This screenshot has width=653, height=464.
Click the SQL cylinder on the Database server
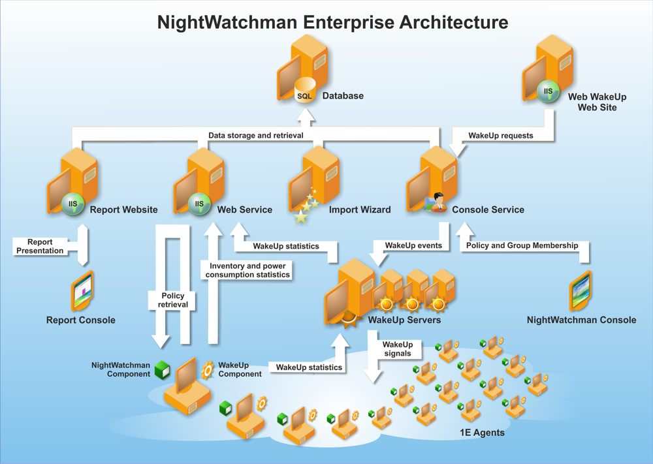pos(305,91)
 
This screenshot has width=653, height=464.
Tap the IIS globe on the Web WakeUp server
pos(548,91)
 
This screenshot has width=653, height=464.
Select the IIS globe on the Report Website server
pos(73,204)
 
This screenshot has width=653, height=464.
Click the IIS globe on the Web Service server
pos(199,204)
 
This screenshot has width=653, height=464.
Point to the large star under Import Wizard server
pos(300,217)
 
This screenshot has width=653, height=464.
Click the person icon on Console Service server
pos(438,202)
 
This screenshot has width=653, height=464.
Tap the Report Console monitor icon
pos(82,291)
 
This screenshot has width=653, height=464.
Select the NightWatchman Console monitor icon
pos(581,290)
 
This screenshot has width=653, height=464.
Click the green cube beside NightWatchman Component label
pos(163,369)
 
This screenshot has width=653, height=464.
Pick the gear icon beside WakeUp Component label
pos(208,370)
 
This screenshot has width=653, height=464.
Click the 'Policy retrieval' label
pos(173,300)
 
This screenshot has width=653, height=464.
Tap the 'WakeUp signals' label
pos(398,349)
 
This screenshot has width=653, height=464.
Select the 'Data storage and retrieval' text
pos(256,135)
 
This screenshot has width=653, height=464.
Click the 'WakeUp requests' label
pos(501,136)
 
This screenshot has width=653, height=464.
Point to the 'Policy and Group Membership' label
pos(522,245)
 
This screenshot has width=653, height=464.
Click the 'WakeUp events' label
pos(413,245)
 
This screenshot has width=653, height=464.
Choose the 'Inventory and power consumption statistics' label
pos(247,270)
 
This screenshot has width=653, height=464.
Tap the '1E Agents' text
pos(482,433)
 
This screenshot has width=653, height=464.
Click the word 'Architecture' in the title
pos(454,22)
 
